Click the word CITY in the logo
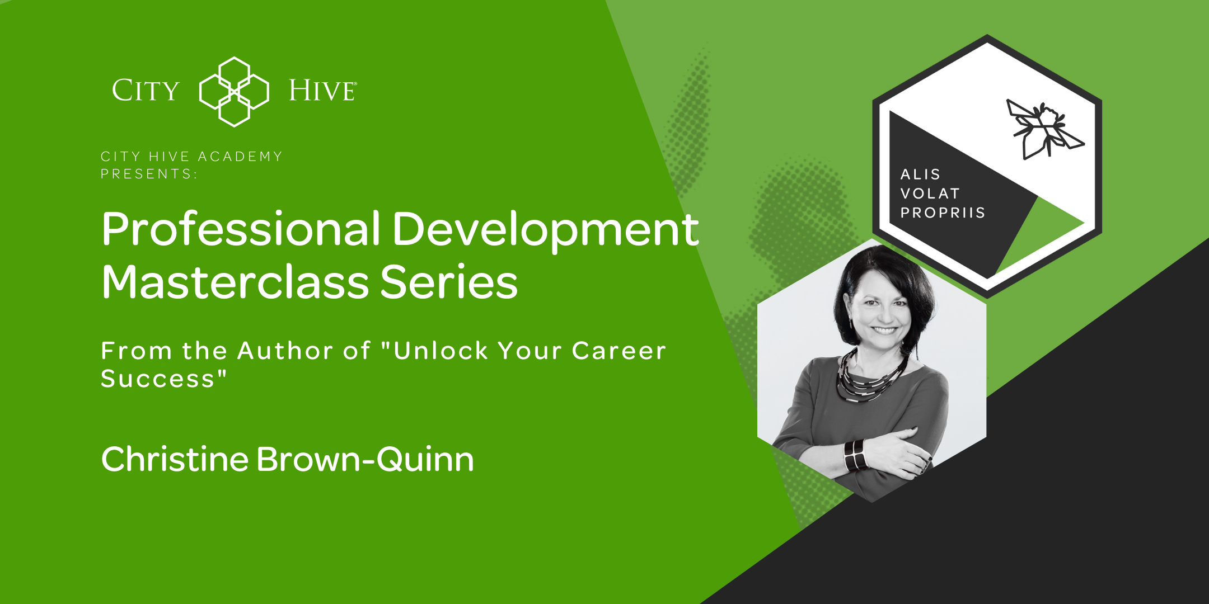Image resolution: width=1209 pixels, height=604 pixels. tap(146, 91)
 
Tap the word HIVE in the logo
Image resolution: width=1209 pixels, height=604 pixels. tap(322, 91)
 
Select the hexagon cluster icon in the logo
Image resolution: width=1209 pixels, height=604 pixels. tap(234, 92)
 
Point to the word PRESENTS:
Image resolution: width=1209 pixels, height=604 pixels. tap(149, 174)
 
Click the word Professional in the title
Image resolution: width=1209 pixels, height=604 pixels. tap(241, 230)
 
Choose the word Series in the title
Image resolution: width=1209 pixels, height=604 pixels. tap(449, 282)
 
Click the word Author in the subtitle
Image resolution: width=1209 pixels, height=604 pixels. tap(285, 351)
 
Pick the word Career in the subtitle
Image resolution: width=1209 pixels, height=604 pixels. tap(618, 351)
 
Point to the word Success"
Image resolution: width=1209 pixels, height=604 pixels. tap(163, 379)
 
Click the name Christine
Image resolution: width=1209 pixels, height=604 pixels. tap(175, 459)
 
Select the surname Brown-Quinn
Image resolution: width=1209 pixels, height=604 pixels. tap(365, 460)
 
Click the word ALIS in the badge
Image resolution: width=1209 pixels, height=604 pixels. tap(920, 174)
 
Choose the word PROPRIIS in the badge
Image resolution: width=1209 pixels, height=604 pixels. tap(943, 213)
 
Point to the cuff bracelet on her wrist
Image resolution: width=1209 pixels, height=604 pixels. tap(855, 455)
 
